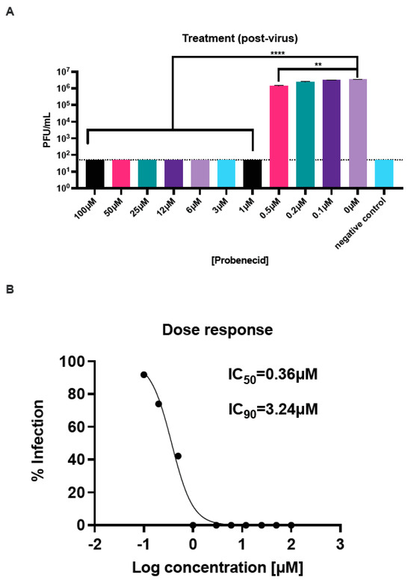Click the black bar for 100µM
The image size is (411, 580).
(95, 173)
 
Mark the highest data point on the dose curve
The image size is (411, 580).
(143, 374)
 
